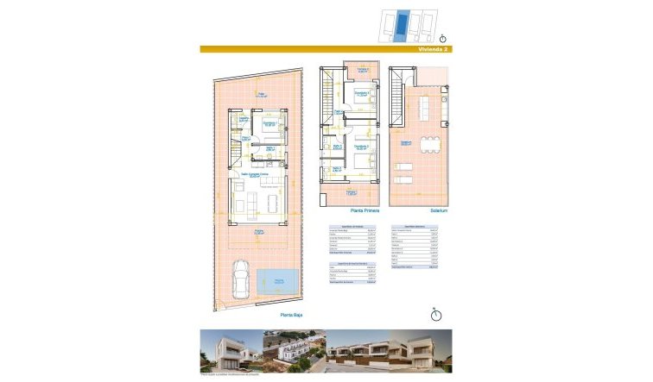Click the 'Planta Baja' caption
[291, 316]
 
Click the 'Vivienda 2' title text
[434, 49]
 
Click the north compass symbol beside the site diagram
[443, 38]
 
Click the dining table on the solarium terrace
[425, 110]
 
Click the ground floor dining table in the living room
[274, 202]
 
